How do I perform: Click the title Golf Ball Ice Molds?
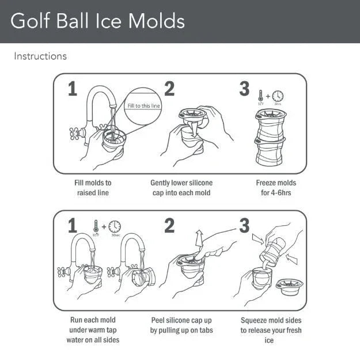[x=98, y=21]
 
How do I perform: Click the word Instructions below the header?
[x=40, y=56]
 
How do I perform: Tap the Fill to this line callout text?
[x=144, y=106]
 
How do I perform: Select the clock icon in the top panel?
[x=278, y=96]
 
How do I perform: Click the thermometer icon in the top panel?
[x=261, y=96]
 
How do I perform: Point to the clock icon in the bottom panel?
[x=115, y=226]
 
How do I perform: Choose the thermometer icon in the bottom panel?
[x=96, y=226]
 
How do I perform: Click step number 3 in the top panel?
[x=244, y=89]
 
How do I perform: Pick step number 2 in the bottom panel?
[x=169, y=226]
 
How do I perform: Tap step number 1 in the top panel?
[x=72, y=89]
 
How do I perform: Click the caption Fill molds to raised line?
[x=93, y=188]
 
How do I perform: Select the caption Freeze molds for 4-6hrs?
[x=276, y=188]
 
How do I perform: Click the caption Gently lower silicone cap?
[x=181, y=188]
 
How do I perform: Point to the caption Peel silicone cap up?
[x=181, y=325]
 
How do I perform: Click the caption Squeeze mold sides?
[x=271, y=330]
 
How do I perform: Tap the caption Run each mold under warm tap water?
[x=92, y=330]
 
